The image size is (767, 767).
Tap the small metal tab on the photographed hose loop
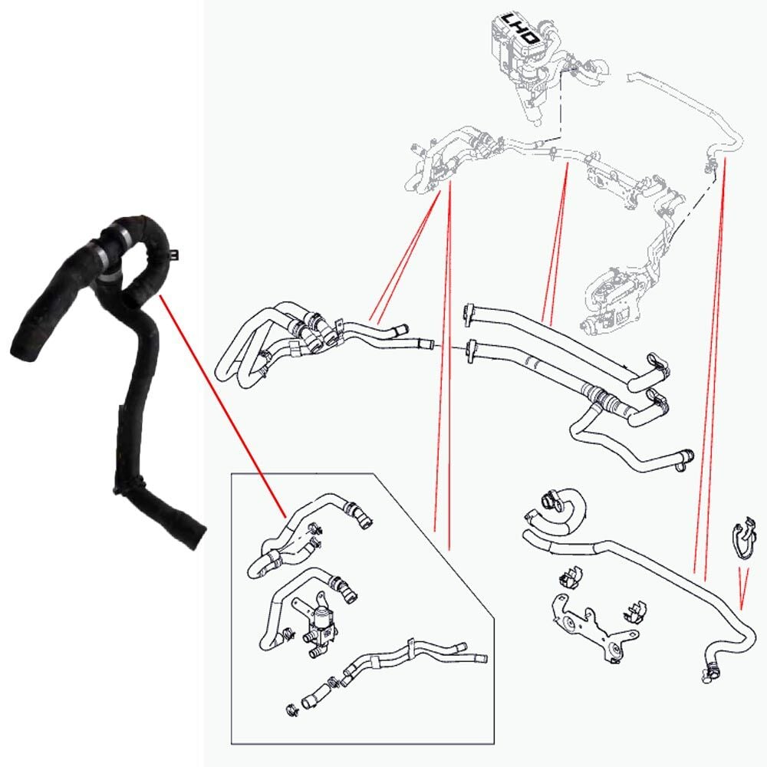(x=173, y=254)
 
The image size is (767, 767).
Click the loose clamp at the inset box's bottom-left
(x=291, y=709)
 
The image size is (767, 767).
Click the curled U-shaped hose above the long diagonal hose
(x=557, y=515)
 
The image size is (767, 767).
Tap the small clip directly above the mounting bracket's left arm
(x=570, y=577)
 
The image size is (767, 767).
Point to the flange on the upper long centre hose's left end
(x=469, y=314)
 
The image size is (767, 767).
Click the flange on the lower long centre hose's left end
(x=472, y=351)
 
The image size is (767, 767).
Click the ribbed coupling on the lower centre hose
(x=600, y=396)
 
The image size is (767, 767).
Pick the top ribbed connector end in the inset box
(x=360, y=516)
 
